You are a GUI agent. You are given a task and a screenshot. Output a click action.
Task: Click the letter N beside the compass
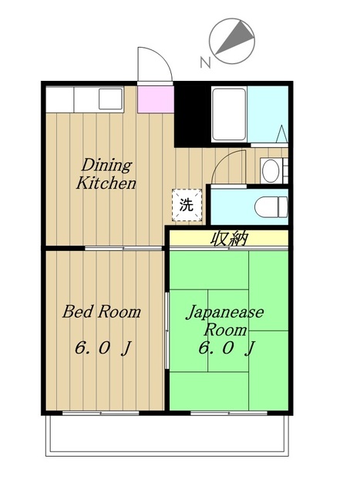pyautogui.click(x=205, y=62)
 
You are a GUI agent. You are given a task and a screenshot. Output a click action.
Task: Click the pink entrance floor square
pyautogui.click(x=156, y=99)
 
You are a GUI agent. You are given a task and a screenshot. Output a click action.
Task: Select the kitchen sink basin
pyautogui.click(x=110, y=99)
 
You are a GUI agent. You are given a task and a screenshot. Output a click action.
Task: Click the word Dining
pyautogui.click(x=106, y=166)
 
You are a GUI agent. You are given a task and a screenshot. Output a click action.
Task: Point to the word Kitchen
pyautogui.click(x=106, y=183)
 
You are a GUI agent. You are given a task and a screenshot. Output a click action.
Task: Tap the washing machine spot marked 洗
pyautogui.click(x=187, y=205)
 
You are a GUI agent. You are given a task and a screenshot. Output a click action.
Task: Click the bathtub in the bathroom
pyautogui.click(x=229, y=115)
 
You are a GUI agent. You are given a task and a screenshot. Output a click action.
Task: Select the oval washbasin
pyautogui.click(x=271, y=171)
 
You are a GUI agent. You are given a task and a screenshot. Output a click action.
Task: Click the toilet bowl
pyautogui.click(x=271, y=207)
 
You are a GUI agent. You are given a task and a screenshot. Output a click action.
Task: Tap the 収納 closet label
pyautogui.click(x=230, y=239)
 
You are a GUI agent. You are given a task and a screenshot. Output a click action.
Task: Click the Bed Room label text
pyautogui.click(x=101, y=311)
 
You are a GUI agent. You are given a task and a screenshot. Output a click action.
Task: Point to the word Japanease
pyautogui.click(x=224, y=313)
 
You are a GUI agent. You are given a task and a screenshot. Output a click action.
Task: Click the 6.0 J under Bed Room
pyautogui.click(x=103, y=348)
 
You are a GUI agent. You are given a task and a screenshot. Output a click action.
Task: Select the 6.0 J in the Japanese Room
pyautogui.click(x=227, y=348)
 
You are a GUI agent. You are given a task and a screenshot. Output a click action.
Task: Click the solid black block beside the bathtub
pyautogui.click(x=192, y=115)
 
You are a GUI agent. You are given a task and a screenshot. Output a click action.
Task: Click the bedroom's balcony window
pyautogui.click(x=101, y=413)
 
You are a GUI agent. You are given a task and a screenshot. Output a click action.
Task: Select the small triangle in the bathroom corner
pyautogui.click(x=282, y=134)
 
